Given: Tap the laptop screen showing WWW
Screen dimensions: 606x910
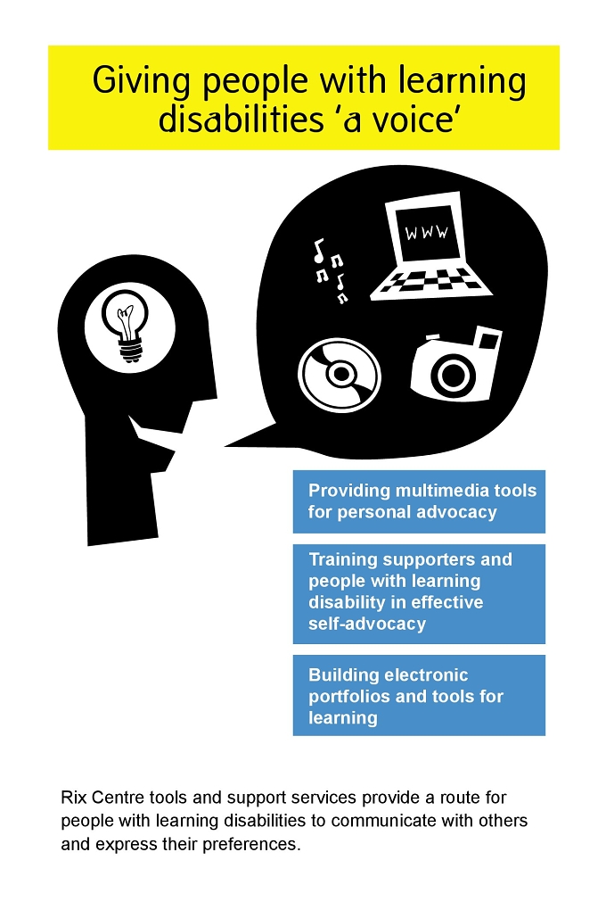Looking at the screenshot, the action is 427,233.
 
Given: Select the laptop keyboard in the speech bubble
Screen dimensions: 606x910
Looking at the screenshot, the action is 432,284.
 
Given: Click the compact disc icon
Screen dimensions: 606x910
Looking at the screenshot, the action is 340,375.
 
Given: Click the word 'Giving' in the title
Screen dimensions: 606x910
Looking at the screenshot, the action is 140,81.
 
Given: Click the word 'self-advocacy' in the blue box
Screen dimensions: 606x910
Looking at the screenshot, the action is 367,624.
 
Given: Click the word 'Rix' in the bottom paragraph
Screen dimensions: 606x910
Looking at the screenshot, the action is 73,798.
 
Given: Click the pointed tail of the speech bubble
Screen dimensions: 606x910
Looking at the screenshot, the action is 226,446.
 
